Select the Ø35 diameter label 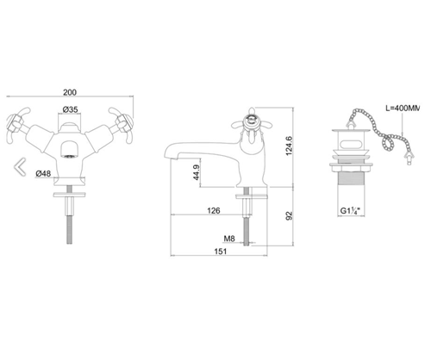(72, 109)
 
